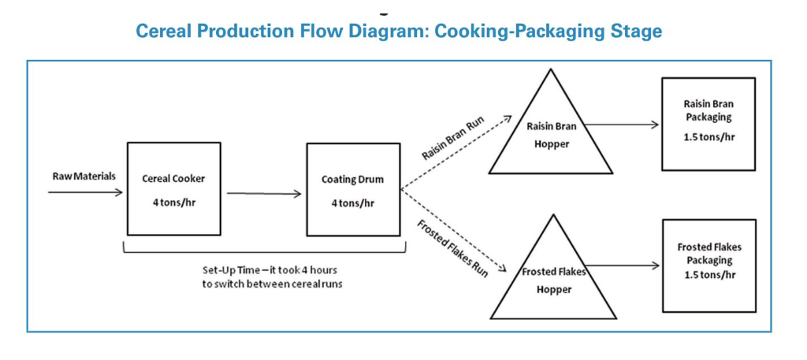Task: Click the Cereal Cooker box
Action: click(173, 188)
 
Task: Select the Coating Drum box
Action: click(352, 188)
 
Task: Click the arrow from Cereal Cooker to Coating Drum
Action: click(264, 194)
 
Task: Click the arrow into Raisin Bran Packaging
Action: click(623, 124)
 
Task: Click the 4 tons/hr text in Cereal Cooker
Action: click(173, 202)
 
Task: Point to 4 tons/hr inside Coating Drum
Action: click(352, 202)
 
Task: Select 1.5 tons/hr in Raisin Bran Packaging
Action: click(708, 135)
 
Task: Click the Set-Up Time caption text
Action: click(264, 276)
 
